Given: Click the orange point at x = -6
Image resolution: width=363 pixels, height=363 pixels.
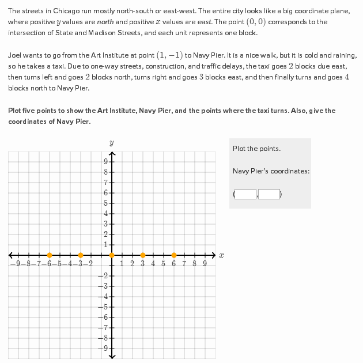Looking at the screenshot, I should coord(50,255).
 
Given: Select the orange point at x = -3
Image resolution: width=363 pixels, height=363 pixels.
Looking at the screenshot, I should coord(81,255).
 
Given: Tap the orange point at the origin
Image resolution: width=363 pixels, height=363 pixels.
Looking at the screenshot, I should coord(112,255).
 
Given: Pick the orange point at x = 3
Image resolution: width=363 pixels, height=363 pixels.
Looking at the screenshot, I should coord(143,255).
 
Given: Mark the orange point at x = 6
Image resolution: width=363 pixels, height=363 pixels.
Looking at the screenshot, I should coord(174,255).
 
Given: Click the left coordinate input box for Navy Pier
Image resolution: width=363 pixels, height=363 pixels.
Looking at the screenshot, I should coord(245,194).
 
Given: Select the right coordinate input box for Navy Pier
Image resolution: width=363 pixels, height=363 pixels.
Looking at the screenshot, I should coord(269,194).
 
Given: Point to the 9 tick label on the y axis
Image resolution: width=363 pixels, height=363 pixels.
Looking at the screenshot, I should coord(105,161).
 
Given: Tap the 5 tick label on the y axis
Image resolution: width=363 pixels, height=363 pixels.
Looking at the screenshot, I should coord(105,203).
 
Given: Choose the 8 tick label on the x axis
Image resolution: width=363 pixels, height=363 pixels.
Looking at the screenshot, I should coord(195,264).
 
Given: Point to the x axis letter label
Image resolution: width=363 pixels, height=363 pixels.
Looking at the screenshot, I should coord(221,255).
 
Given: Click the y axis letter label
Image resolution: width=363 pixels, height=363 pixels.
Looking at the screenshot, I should coord(111,142).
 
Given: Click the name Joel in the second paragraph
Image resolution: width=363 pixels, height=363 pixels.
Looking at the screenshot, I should coord(15,55).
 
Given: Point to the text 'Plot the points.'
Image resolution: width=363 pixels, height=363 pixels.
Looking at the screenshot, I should coord(256,149).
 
